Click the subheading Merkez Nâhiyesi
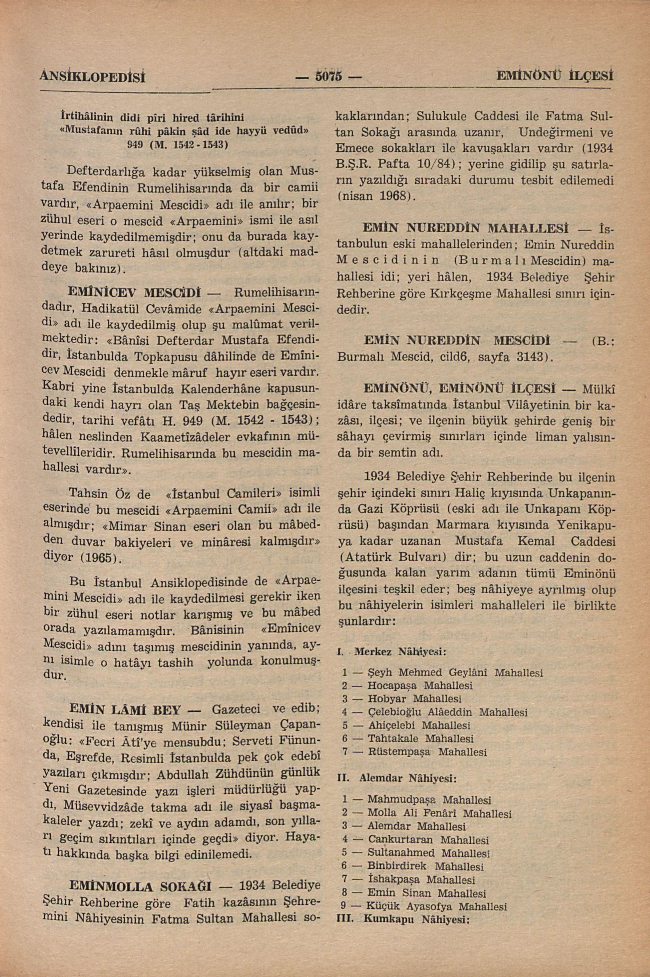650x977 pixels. click(x=400, y=652)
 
